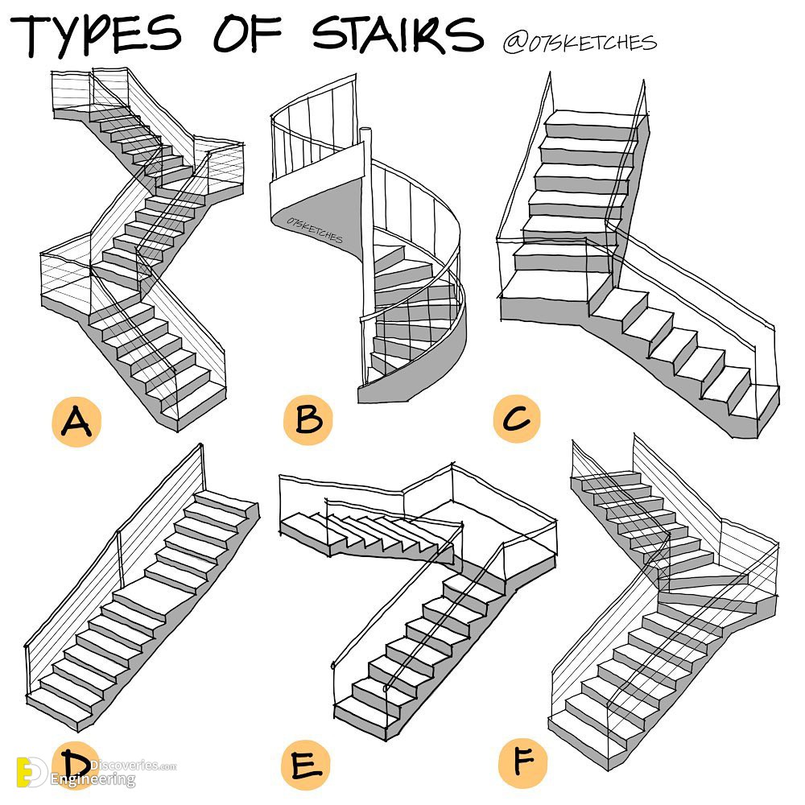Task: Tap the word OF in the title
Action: point(247,34)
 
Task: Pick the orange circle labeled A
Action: point(76,421)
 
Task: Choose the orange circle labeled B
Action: point(308,419)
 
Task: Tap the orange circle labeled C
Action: point(517,419)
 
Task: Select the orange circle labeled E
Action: point(305,765)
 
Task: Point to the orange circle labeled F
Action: point(522,762)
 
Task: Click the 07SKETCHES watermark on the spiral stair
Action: point(314,229)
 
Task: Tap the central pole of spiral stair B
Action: point(366,257)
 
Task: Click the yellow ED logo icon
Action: point(32,772)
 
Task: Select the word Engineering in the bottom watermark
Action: point(93,779)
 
